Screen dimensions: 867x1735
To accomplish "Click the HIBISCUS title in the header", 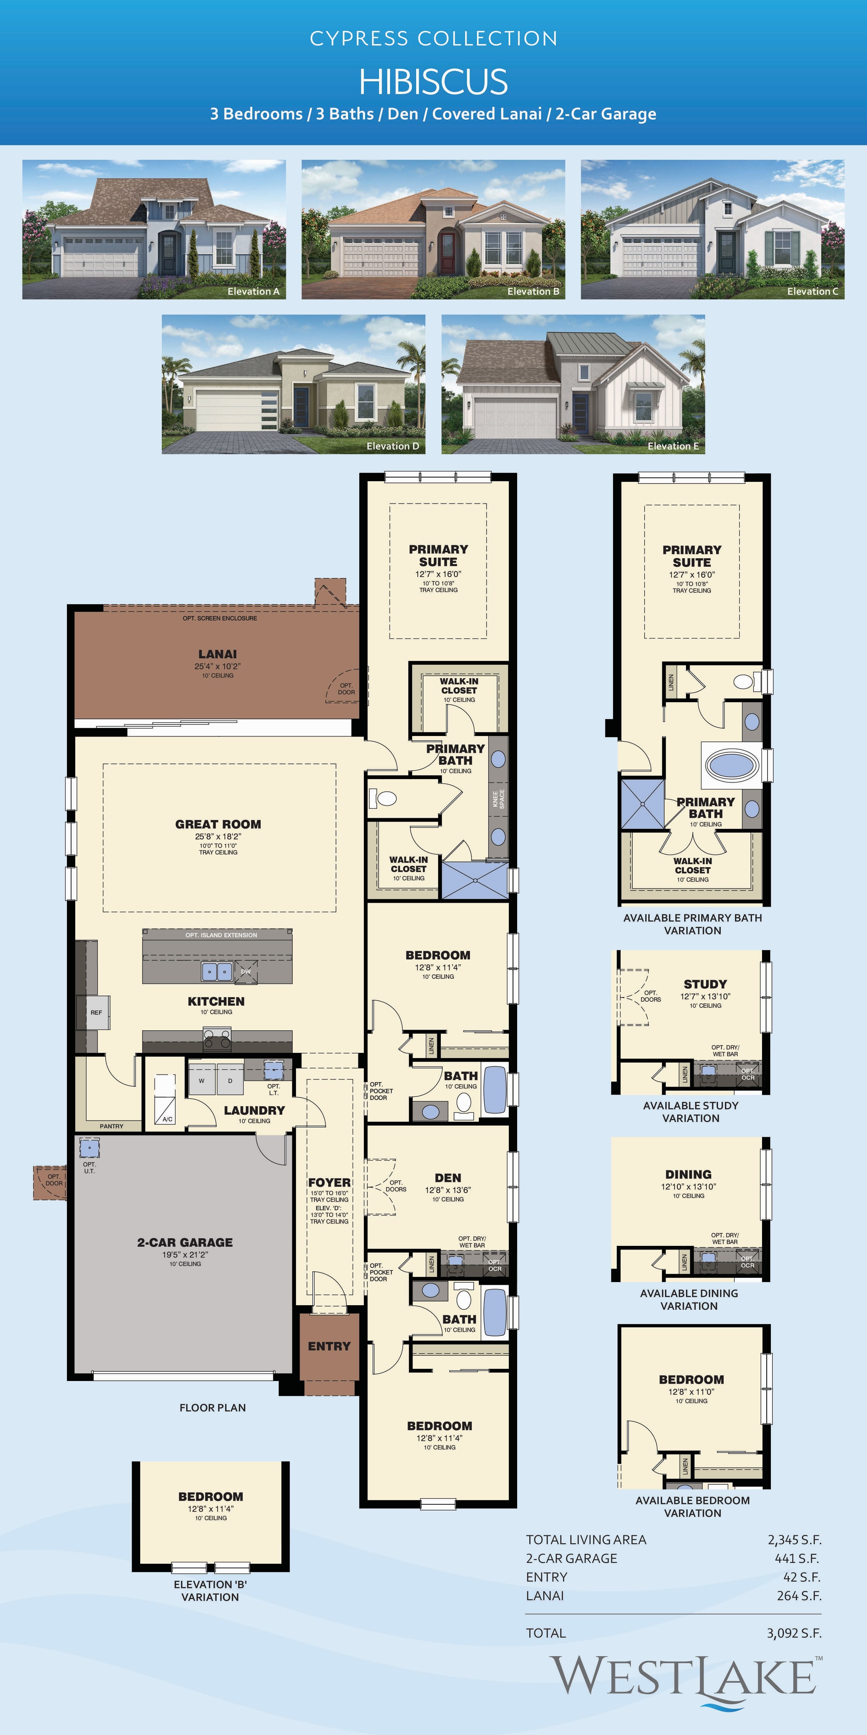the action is (x=433, y=82).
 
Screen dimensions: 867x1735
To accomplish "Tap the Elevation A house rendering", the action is (x=154, y=229).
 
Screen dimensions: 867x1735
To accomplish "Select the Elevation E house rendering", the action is (x=573, y=384).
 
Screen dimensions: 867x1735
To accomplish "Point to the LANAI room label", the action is (x=218, y=654).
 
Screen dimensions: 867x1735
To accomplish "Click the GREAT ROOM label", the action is (x=218, y=824).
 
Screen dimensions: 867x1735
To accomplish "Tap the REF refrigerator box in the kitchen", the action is (x=97, y=1012).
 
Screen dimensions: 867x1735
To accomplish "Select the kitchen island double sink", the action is (x=217, y=971).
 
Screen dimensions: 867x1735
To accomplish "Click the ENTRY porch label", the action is (x=329, y=1346).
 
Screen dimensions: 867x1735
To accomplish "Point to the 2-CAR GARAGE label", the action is (x=185, y=1243).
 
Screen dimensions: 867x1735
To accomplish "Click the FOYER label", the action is (x=329, y=1183).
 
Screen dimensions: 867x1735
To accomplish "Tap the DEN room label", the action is (x=447, y=1178).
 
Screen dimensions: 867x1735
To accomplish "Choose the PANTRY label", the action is (x=112, y=1126).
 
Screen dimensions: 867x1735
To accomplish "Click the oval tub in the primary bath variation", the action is (x=732, y=765).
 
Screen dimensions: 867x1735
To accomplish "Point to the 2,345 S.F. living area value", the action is (x=794, y=1540).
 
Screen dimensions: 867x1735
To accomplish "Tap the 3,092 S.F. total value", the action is (x=794, y=1633).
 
